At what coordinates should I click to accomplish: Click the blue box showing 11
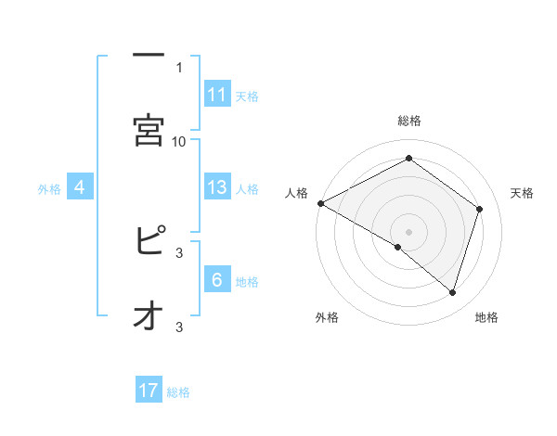217,95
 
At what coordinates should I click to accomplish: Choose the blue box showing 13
217,187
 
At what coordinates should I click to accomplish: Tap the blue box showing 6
217,280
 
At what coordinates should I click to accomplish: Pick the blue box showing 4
80,187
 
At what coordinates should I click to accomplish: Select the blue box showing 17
149,391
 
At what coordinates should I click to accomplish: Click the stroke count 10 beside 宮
179,141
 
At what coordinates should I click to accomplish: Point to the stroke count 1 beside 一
179,67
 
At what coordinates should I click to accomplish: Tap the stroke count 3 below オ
179,327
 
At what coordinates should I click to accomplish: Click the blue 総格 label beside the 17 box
178,392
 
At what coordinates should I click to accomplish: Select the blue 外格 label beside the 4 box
49,189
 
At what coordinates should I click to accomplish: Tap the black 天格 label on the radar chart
522,193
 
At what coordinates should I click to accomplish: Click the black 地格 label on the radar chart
486,317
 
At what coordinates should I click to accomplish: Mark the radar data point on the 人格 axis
320,202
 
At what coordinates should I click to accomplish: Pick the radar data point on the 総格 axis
408,159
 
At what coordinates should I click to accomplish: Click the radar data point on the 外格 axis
398,247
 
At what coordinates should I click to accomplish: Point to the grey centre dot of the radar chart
408,231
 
